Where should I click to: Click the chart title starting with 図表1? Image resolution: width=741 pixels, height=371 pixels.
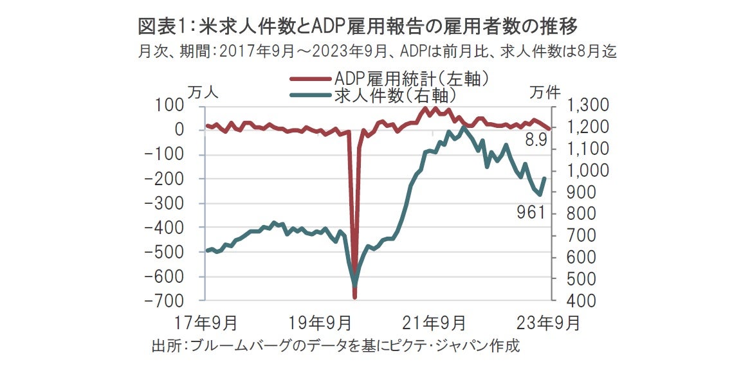pyautogui.click(x=358, y=26)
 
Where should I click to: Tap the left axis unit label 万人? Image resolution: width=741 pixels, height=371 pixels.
pyautogui.click(x=203, y=92)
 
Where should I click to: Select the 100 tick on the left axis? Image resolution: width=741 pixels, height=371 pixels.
pyautogui.click(x=174, y=105)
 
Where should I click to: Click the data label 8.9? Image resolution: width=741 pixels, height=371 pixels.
pyautogui.click(x=536, y=140)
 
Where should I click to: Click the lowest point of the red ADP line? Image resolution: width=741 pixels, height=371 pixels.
pyautogui.click(x=354, y=297)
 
